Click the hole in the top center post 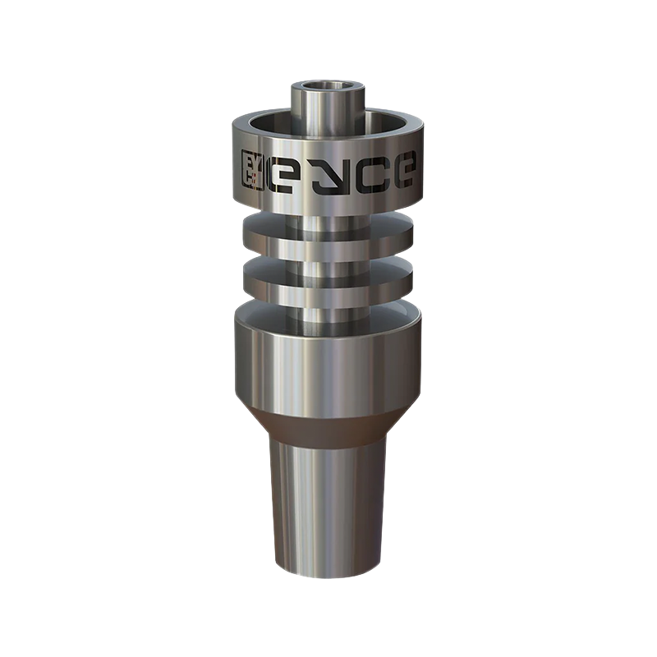[x=320, y=86]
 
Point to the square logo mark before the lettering [x=252, y=170]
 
